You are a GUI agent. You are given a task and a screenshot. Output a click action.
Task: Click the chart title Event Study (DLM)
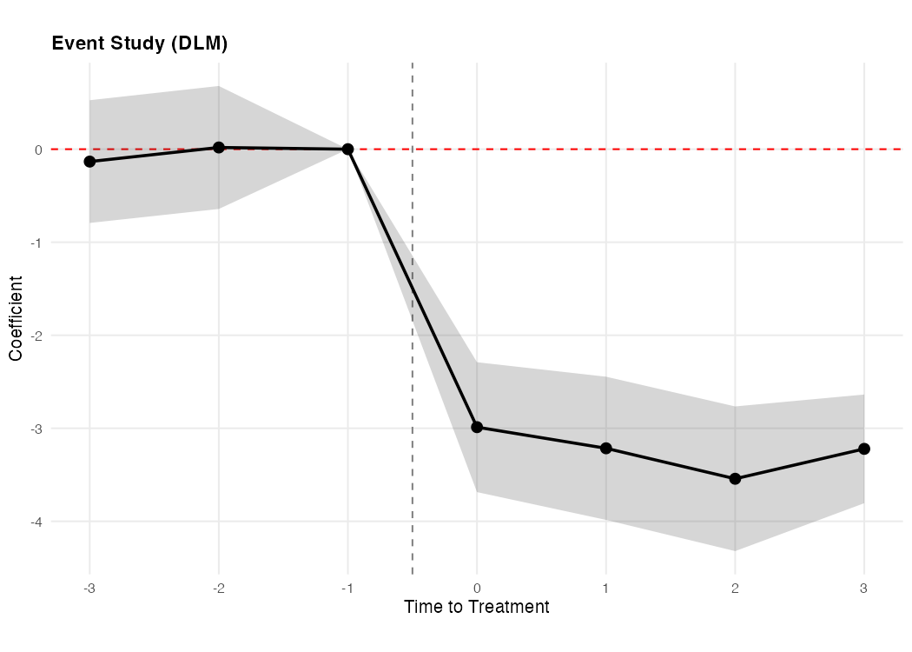(x=140, y=43)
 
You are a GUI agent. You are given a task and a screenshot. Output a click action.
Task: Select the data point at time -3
(x=89, y=162)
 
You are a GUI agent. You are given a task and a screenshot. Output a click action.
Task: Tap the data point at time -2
(x=219, y=148)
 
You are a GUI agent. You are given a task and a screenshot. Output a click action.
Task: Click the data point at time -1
(x=347, y=150)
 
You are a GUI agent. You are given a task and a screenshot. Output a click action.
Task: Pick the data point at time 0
(x=477, y=427)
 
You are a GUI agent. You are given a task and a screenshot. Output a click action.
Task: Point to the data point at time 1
(x=606, y=449)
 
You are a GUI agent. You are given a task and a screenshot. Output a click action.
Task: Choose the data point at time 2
(x=735, y=479)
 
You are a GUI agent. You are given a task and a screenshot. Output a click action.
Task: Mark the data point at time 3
(x=864, y=449)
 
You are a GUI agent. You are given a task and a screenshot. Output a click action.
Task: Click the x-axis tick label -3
(x=89, y=589)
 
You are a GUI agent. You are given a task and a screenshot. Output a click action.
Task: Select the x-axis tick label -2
(x=217, y=589)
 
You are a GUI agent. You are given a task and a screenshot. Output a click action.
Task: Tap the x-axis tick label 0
(x=477, y=589)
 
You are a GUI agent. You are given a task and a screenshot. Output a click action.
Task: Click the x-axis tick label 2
(x=735, y=589)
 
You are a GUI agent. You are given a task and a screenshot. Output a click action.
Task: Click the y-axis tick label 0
(x=38, y=150)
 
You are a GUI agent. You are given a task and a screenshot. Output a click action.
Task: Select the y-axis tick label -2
(x=36, y=336)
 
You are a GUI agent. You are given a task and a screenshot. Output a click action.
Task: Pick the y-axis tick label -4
(x=36, y=522)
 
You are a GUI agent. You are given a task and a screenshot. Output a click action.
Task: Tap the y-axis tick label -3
(x=36, y=429)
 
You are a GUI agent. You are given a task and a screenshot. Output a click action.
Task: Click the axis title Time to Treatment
(x=476, y=607)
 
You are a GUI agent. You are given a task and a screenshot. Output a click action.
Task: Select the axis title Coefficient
(x=16, y=317)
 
